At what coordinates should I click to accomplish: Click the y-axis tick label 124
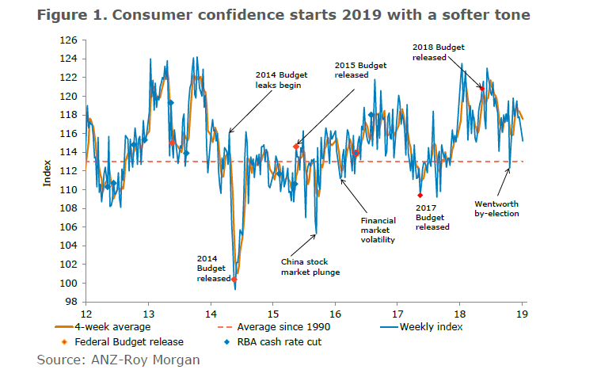pyautogui.click(x=68, y=59)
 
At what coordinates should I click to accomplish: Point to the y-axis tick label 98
pyautogui.click(x=70, y=302)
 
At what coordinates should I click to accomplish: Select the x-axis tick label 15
pyautogui.click(x=272, y=312)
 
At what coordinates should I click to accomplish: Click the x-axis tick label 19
pyautogui.click(x=523, y=312)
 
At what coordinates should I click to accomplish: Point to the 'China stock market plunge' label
pyautogui.click(x=310, y=267)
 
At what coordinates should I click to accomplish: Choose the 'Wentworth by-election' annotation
pyautogui.click(x=496, y=208)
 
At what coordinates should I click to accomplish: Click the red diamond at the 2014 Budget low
pyautogui.click(x=234, y=279)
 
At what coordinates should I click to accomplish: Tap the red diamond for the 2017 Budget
pyautogui.click(x=420, y=195)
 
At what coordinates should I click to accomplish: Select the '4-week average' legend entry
pyautogui.click(x=108, y=326)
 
